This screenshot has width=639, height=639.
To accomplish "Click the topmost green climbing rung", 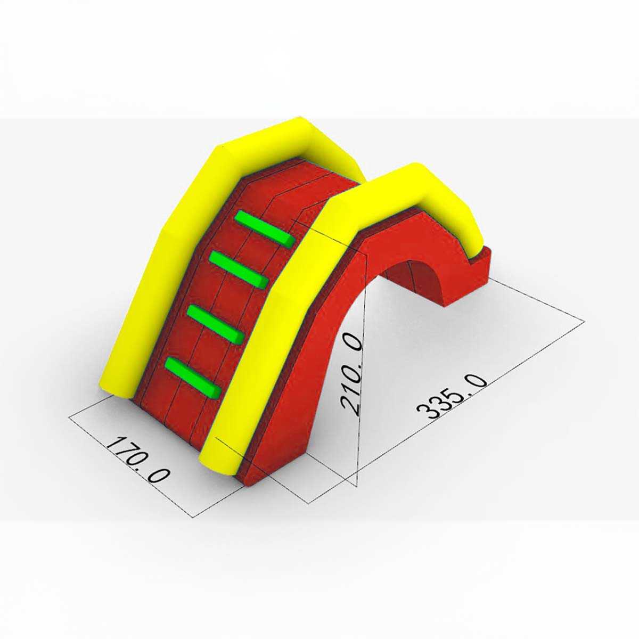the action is (x=264, y=230).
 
